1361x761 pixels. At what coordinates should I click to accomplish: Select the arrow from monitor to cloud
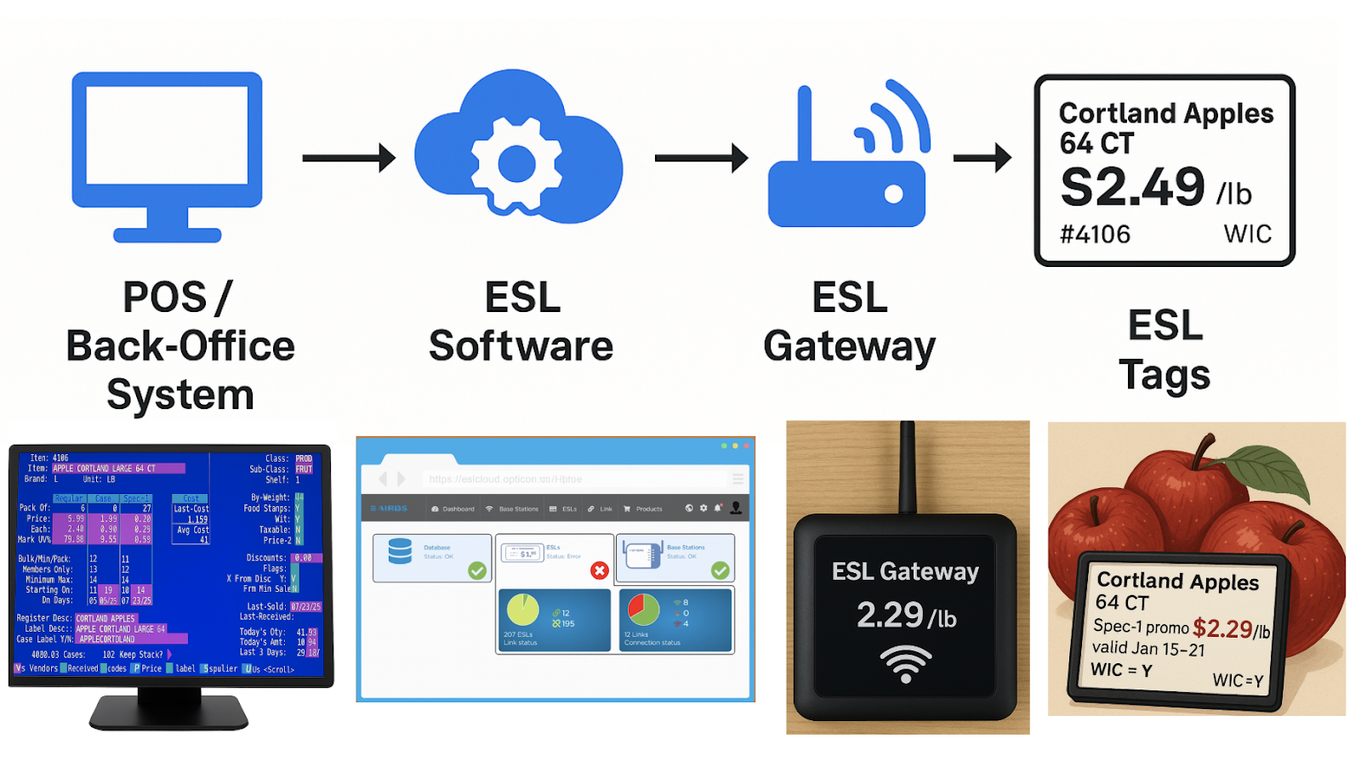click(x=349, y=157)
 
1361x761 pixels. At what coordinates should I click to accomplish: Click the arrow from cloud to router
click(x=701, y=157)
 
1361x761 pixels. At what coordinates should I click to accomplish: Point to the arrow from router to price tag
click(x=982, y=157)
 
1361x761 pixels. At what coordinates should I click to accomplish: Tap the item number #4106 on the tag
click(x=1095, y=234)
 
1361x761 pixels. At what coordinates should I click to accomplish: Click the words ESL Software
click(x=521, y=321)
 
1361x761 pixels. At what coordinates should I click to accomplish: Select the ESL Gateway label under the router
click(x=849, y=321)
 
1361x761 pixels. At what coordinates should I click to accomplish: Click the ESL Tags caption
click(x=1165, y=349)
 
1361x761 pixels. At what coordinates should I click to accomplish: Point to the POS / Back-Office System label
click(x=180, y=345)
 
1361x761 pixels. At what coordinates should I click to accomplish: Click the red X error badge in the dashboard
click(x=600, y=571)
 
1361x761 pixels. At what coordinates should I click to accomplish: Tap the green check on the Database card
click(x=477, y=571)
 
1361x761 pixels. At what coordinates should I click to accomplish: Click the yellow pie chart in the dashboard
click(x=523, y=610)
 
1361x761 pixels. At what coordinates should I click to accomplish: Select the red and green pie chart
click(x=644, y=610)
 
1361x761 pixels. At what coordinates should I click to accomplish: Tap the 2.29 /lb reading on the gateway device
click(x=906, y=615)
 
